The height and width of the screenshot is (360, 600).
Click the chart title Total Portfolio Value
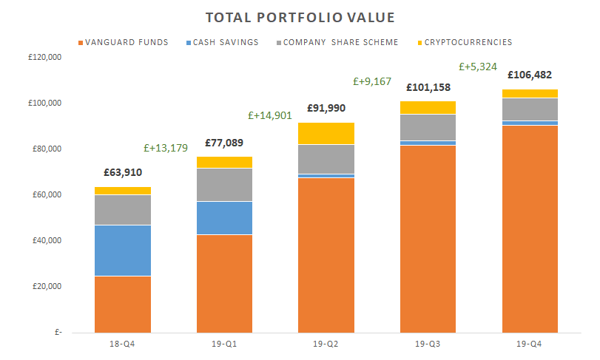tap(300, 17)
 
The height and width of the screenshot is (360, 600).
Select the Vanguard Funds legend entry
tap(122, 42)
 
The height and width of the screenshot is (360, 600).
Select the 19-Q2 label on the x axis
tap(326, 344)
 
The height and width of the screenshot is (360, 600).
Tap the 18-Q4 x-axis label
tap(122, 344)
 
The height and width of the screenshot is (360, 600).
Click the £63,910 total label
tap(123, 173)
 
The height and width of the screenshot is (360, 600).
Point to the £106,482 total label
tap(530, 75)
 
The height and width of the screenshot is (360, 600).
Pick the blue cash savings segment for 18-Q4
tap(123, 251)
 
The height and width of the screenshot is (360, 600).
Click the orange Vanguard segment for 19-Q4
tap(530, 229)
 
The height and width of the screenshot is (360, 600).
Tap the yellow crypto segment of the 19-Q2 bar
tap(326, 133)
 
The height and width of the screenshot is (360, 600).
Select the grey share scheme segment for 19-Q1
tap(224, 185)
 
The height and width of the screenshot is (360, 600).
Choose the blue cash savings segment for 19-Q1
tap(224, 218)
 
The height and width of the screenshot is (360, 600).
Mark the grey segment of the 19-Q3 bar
tap(428, 127)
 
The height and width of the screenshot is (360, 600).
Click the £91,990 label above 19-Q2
tap(326, 107)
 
